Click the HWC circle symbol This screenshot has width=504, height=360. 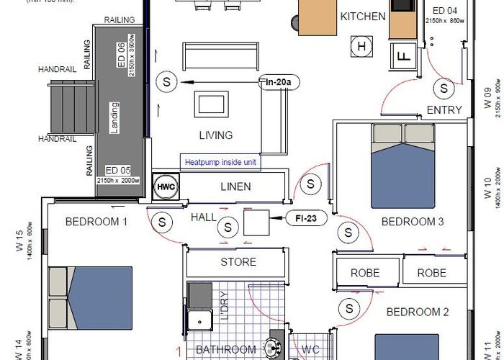pyautogui.click(x=166, y=186)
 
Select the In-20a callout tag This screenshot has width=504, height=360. pyautogui.click(x=278, y=83)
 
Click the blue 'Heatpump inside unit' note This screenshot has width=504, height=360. pyautogui.click(x=220, y=162)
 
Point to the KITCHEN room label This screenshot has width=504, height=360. pyautogui.click(x=363, y=17)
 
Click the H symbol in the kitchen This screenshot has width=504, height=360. pyautogui.click(x=362, y=48)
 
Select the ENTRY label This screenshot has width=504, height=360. pyautogui.click(x=444, y=110)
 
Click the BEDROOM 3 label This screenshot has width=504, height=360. pyautogui.click(x=413, y=222)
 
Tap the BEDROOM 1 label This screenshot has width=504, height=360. pyautogui.click(x=96, y=222)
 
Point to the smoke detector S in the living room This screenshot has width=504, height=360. pyautogui.click(x=168, y=82)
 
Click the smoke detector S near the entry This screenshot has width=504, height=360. pyautogui.click(x=444, y=88)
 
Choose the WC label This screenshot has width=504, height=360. pyautogui.click(x=310, y=350)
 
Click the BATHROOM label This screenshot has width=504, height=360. pyautogui.click(x=226, y=350)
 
